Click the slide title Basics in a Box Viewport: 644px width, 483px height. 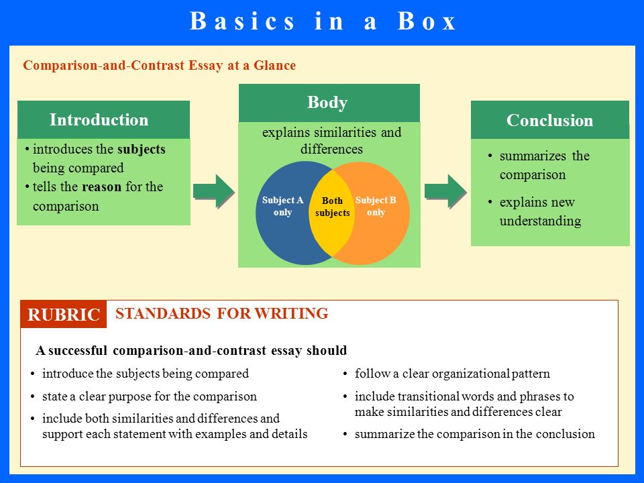point(323,21)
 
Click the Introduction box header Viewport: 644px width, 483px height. point(103,119)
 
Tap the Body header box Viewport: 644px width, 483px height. point(329,103)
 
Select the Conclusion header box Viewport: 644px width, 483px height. point(550,120)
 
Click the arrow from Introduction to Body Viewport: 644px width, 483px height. point(213,191)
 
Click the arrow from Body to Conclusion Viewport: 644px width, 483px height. point(445,191)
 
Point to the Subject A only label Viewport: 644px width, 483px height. point(282,206)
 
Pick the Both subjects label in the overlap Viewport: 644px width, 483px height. point(332,207)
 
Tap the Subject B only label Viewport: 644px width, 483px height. point(376,206)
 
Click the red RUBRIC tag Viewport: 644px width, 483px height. point(64,314)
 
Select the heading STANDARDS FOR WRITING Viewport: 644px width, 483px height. point(222,313)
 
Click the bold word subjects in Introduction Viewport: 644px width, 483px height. point(142,150)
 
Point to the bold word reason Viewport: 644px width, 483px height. point(102,187)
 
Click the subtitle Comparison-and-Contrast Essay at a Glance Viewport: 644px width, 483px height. point(160,65)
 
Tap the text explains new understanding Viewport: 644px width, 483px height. point(540,211)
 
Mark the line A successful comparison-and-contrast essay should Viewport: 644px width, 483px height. point(191,350)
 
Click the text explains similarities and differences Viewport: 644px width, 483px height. point(332,140)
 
